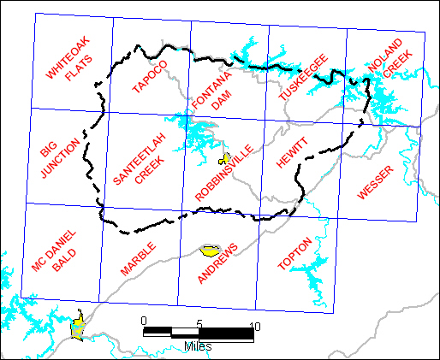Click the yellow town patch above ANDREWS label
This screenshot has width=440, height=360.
[210, 251]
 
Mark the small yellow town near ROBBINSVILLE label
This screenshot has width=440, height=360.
[225, 158]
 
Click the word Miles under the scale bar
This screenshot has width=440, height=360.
[198, 346]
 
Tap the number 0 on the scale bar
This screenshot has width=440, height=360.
[143, 321]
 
